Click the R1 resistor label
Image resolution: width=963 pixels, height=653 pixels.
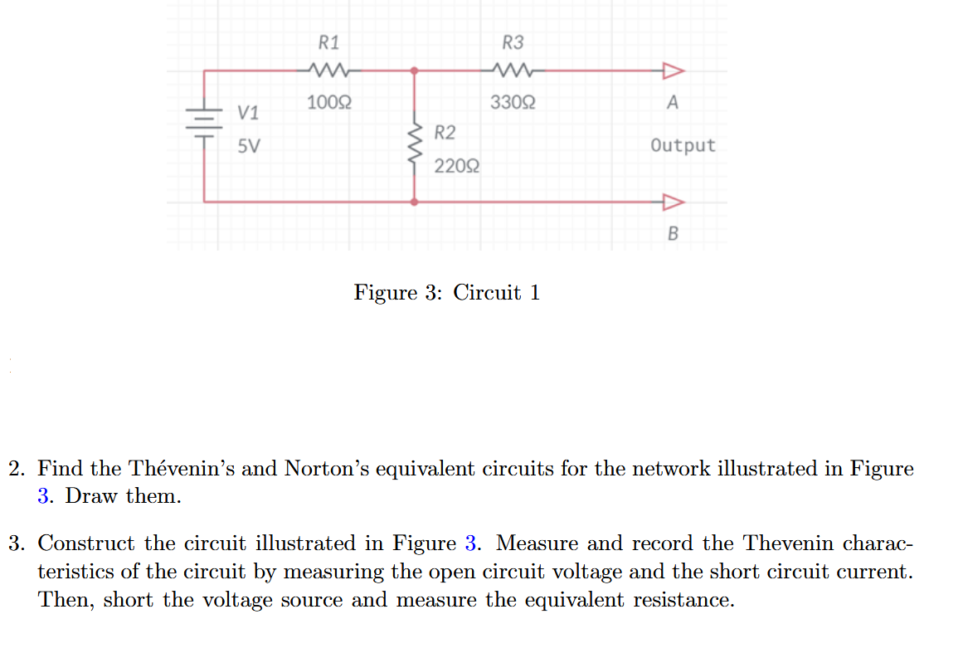[329, 42]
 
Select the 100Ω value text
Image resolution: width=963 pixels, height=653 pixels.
[328, 103]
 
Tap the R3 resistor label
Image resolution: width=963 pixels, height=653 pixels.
[513, 42]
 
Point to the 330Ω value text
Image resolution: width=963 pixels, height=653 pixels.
[513, 103]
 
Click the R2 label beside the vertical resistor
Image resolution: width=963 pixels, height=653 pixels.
[445, 133]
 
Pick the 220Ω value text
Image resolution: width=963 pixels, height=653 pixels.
[456, 166]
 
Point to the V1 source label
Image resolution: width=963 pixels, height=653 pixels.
[248, 112]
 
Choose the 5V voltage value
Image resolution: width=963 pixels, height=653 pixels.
[248, 147]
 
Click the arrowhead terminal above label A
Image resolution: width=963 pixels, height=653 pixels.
[672, 71]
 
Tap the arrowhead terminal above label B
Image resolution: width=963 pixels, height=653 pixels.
[672, 202]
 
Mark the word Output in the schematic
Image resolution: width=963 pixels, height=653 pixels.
[683, 146]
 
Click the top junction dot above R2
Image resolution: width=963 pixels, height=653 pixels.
[415, 71]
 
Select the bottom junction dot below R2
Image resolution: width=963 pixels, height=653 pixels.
[415, 202]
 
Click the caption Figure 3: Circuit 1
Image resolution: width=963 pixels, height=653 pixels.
[447, 293]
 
